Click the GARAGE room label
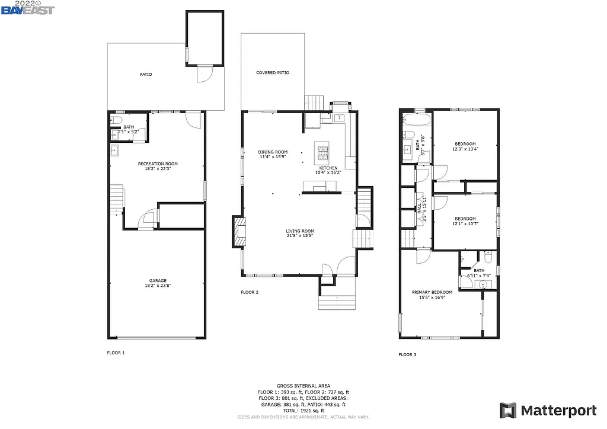click(x=158, y=281)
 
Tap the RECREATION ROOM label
click(x=158, y=164)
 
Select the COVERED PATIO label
click(x=273, y=73)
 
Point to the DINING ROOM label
click(x=273, y=152)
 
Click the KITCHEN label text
click(x=328, y=168)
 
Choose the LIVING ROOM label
click(x=300, y=231)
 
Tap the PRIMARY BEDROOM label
click(x=432, y=292)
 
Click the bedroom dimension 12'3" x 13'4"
click(x=465, y=149)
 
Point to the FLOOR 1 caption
click(x=116, y=353)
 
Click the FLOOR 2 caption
click(x=250, y=292)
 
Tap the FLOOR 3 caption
click(x=407, y=354)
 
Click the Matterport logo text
click(x=558, y=410)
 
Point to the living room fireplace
click(x=238, y=232)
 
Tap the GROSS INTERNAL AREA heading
click(x=303, y=386)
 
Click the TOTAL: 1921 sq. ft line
click(x=303, y=410)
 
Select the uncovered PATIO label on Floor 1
click(x=146, y=75)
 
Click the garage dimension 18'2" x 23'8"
click(x=158, y=286)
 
